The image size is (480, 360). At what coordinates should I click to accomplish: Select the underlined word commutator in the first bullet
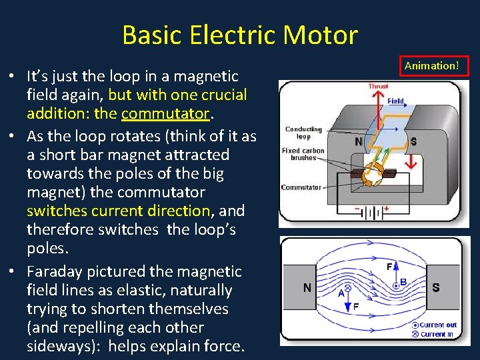[166, 113]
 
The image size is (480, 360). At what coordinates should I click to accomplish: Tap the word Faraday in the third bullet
[57, 272]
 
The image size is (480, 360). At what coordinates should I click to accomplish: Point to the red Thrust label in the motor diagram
[378, 87]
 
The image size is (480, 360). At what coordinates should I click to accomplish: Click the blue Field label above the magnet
[396, 101]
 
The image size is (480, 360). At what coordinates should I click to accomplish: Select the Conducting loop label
[303, 133]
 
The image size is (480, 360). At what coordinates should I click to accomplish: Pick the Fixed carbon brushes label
[303, 155]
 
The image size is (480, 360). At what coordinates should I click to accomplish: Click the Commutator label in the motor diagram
[301, 187]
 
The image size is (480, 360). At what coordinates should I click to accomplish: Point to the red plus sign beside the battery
[386, 208]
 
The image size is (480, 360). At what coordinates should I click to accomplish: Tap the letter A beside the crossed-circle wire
[341, 293]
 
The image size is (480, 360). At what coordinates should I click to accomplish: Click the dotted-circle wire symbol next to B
[395, 285]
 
